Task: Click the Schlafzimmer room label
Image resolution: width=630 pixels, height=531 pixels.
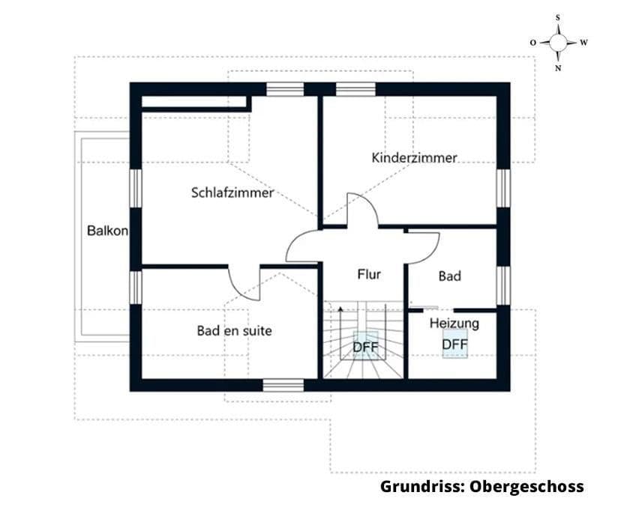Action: point(232,192)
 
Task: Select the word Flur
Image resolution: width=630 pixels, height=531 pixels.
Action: point(368,274)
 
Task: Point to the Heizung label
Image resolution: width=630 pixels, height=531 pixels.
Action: point(454,324)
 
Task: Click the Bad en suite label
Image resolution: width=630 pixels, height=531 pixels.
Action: point(234,330)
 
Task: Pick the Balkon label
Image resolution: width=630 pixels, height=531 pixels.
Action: point(107,231)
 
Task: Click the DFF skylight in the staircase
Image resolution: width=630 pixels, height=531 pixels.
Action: point(365,347)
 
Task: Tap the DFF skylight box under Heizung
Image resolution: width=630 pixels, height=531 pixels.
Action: point(454,345)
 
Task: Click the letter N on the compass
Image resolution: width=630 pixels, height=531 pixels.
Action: point(558,68)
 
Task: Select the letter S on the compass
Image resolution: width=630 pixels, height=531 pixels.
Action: point(558,16)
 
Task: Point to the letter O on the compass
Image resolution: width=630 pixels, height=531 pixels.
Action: point(532,43)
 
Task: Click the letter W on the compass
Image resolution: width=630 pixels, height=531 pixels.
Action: point(583,43)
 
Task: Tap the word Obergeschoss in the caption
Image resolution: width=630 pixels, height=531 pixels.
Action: point(526,487)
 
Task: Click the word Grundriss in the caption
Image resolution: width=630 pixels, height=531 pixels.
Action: point(421,487)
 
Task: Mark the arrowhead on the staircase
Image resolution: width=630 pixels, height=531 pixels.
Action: point(340,307)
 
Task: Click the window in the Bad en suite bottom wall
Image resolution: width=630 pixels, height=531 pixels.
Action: point(283,385)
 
